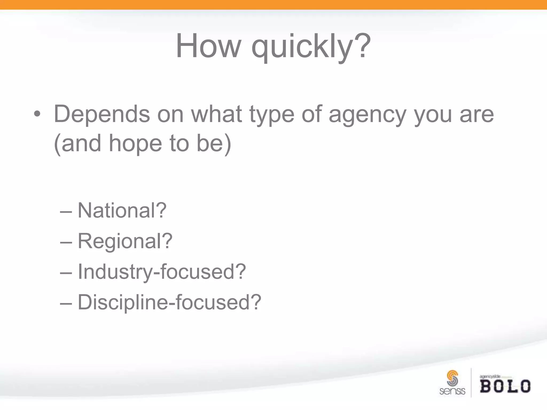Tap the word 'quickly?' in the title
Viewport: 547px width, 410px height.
[311, 47]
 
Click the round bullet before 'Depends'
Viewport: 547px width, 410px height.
[37, 115]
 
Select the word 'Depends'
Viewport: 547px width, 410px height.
[102, 114]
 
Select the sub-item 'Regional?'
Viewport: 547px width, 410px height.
[125, 241]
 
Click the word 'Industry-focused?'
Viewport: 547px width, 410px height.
[162, 272]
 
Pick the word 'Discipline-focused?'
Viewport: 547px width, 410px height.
[169, 302]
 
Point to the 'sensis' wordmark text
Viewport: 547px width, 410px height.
[452, 391]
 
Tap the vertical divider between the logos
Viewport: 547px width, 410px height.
[471, 383]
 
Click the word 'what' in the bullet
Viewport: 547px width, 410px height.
[216, 114]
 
